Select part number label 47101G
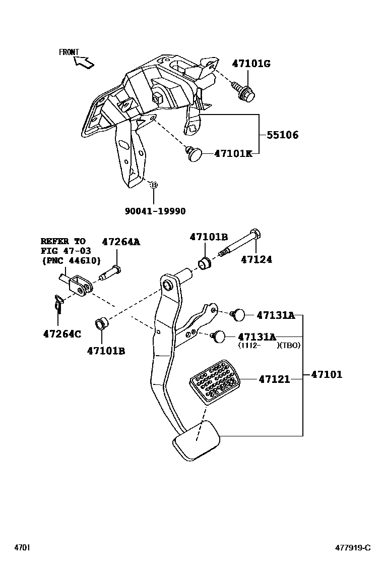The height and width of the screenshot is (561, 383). point(251,64)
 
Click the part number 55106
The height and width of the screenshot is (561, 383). point(282,135)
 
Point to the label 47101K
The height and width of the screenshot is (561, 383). point(233,153)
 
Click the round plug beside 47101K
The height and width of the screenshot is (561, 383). point(194,153)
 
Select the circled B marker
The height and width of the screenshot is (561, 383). point(154,185)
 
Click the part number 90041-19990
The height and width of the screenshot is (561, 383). point(155,211)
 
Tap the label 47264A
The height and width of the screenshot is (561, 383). point(121,242)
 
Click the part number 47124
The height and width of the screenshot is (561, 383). point(256,260)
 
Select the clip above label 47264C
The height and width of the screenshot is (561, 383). point(58,305)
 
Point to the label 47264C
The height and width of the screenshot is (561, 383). point(62,334)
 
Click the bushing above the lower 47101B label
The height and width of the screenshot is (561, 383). point(101,323)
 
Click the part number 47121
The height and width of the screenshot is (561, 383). point(274,379)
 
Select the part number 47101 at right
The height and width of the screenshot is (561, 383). point(326,374)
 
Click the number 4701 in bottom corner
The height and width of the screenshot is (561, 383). point(22,548)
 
